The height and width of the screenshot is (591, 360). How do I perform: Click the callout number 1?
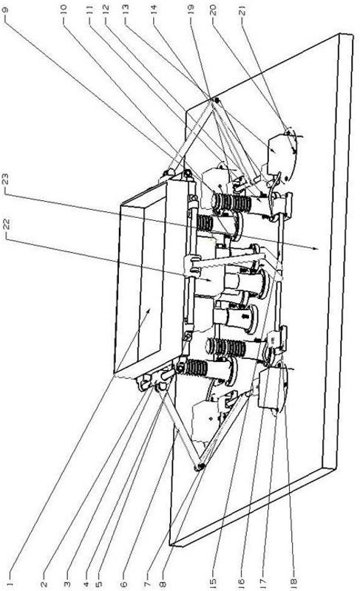(10, 584)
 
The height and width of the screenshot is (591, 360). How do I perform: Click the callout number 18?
(293, 582)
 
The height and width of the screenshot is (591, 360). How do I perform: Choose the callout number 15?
(213, 582)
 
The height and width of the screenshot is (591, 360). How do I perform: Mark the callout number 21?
(242, 10)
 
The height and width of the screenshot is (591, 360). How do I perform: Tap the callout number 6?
(123, 584)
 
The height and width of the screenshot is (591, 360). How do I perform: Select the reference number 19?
(191, 10)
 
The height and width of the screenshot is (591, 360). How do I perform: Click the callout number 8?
(163, 584)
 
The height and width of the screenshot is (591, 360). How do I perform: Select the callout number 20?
(214, 10)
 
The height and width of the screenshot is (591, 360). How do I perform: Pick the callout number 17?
(262, 582)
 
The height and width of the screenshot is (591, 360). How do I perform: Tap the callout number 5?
(99, 584)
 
